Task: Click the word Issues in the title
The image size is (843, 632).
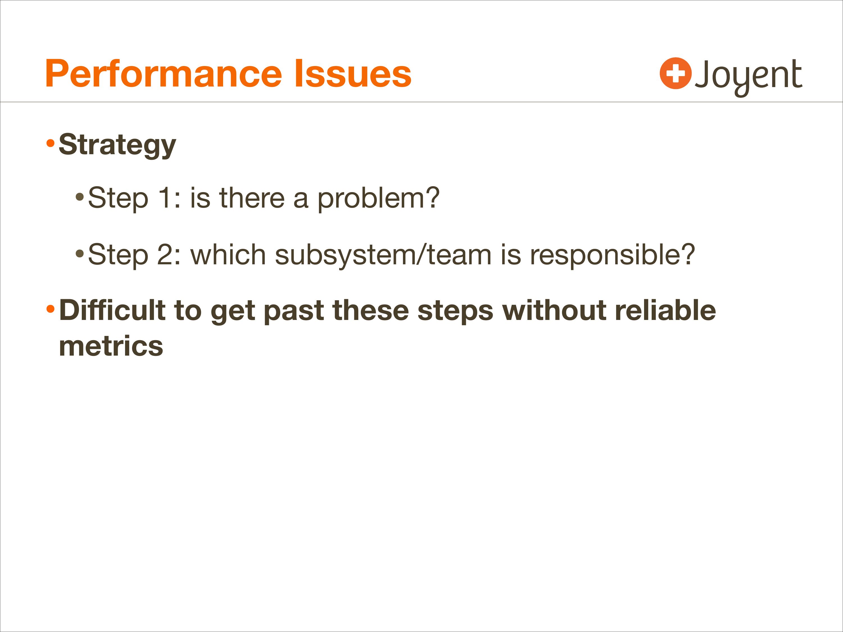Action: click(353, 74)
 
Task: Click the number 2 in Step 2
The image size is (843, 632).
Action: click(165, 254)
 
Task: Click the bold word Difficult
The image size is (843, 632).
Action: click(112, 310)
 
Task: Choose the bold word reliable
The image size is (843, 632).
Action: click(665, 310)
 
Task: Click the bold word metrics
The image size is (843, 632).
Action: click(111, 346)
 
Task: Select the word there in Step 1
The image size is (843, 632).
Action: click(252, 198)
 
